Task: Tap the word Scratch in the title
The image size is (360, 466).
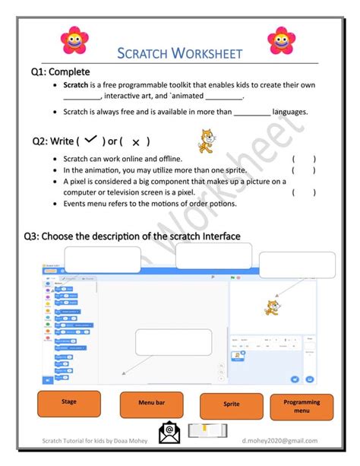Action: click(x=144, y=53)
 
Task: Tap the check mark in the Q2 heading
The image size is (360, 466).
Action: click(x=91, y=140)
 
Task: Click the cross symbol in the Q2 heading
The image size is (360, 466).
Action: click(x=135, y=142)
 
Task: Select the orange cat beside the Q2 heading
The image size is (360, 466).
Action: click(x=203, y=140)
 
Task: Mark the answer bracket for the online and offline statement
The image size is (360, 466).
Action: click(x=304, y=160)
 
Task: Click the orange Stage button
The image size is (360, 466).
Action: click(x=68, y=404)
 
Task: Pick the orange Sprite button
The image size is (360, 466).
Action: click(x=231, y=405)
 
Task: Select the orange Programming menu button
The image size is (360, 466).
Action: click(x=302, y=406)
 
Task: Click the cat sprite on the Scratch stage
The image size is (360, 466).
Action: click(x=268, y=307)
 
